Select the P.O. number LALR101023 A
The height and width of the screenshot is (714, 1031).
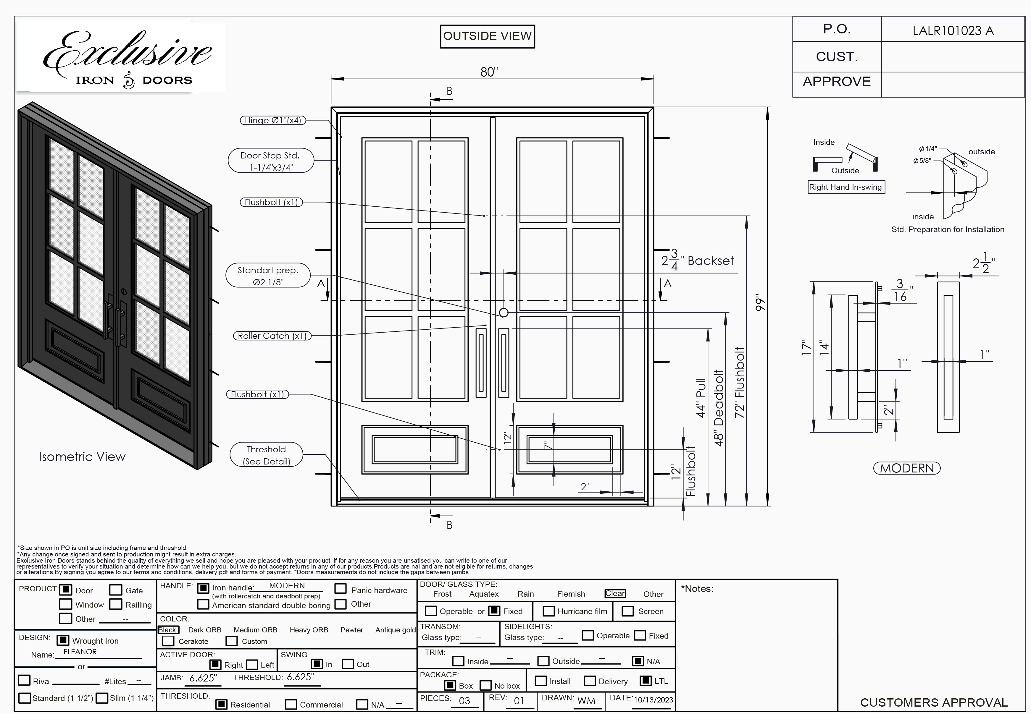click(953, 30)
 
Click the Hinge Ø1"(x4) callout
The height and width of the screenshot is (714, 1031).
click(273, 120)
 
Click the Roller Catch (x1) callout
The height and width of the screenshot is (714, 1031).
click(272, 336)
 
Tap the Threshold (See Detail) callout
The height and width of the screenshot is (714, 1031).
click(266, 455)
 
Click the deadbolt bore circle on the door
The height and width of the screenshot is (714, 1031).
click(504, 313)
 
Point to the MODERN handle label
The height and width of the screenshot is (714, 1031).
click(906, 468)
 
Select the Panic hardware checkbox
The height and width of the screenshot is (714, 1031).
click(341, 589)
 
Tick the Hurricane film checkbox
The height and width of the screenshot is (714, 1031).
click(548, 611)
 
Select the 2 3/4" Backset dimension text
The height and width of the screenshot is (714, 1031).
click(698, 260)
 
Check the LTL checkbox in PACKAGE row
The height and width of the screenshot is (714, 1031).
click(645, 681)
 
